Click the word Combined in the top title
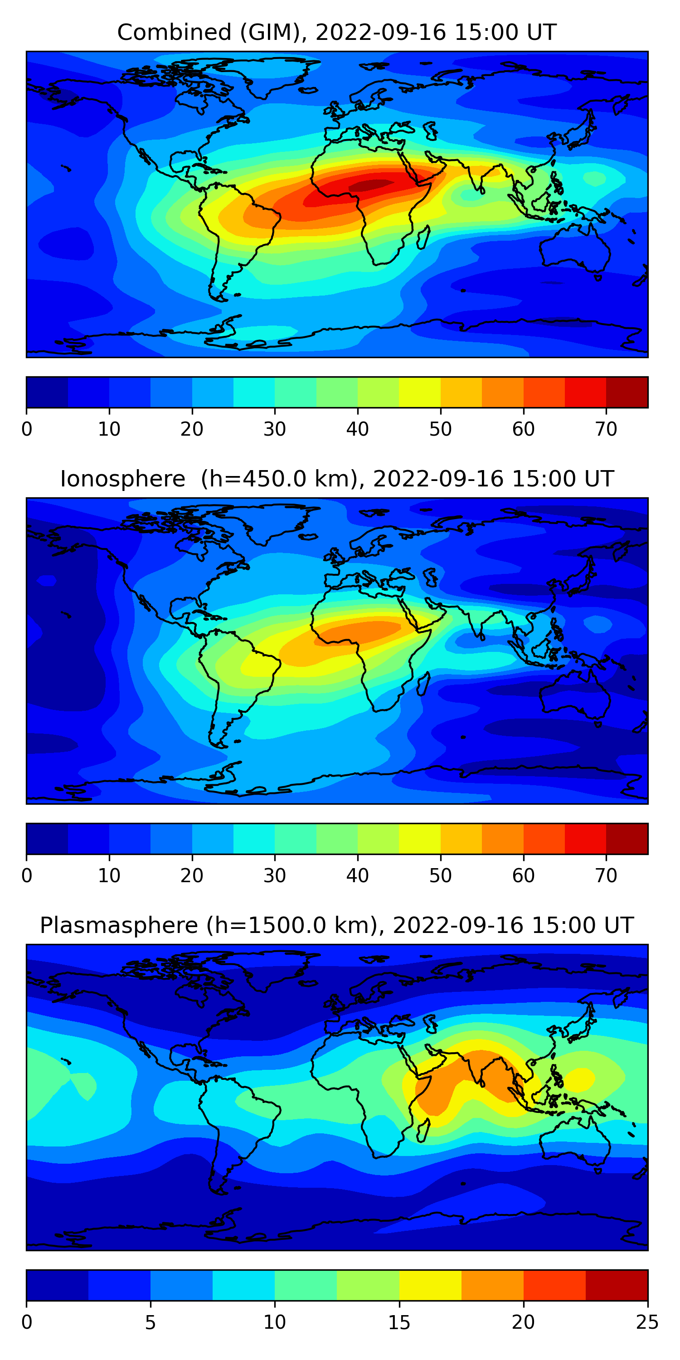(174, 33)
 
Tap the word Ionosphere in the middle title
(123, 479)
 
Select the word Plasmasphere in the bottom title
(119, 926)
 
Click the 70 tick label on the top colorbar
(606, 429)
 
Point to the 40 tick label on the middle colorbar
(357, 875)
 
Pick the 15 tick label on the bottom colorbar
(399, 1322)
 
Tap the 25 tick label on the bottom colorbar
(647, 1322)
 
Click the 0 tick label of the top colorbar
(27, 429)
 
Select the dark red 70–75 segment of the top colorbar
(627, 392)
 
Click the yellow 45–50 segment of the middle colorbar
(420, 838)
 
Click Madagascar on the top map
(423, 237)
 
